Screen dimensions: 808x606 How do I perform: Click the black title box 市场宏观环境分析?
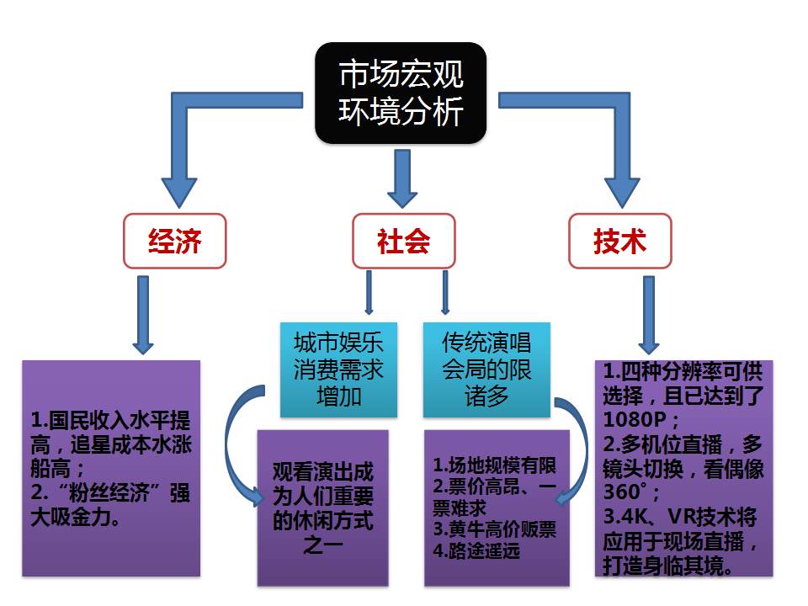click(x=401, y=93)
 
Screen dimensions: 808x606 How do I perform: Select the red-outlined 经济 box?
click(x=175, y=241)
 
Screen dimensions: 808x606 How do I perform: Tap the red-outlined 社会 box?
click(x=403, y=241)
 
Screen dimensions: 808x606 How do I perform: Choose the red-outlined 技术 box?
click(x=620, y=241)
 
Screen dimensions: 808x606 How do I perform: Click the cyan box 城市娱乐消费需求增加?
click(x=338, y=369)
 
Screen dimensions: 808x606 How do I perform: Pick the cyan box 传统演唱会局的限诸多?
click(x=486, y=369)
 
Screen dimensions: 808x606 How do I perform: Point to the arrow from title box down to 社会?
click(x=402, y=178)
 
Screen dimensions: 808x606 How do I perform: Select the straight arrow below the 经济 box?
click(x=143, y=315)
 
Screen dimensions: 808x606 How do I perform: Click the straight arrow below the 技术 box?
click(x=649, y=315)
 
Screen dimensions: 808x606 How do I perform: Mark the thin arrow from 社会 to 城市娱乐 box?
click(x=369, y=292)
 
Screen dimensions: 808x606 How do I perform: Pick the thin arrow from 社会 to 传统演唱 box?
click(x=446, y=292)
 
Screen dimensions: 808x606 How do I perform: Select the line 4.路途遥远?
click(x=476, y=550)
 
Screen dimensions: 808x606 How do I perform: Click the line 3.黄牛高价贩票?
click(x=495, y=529)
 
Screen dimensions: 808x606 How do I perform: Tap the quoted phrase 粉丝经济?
click(x=109, y=493)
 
